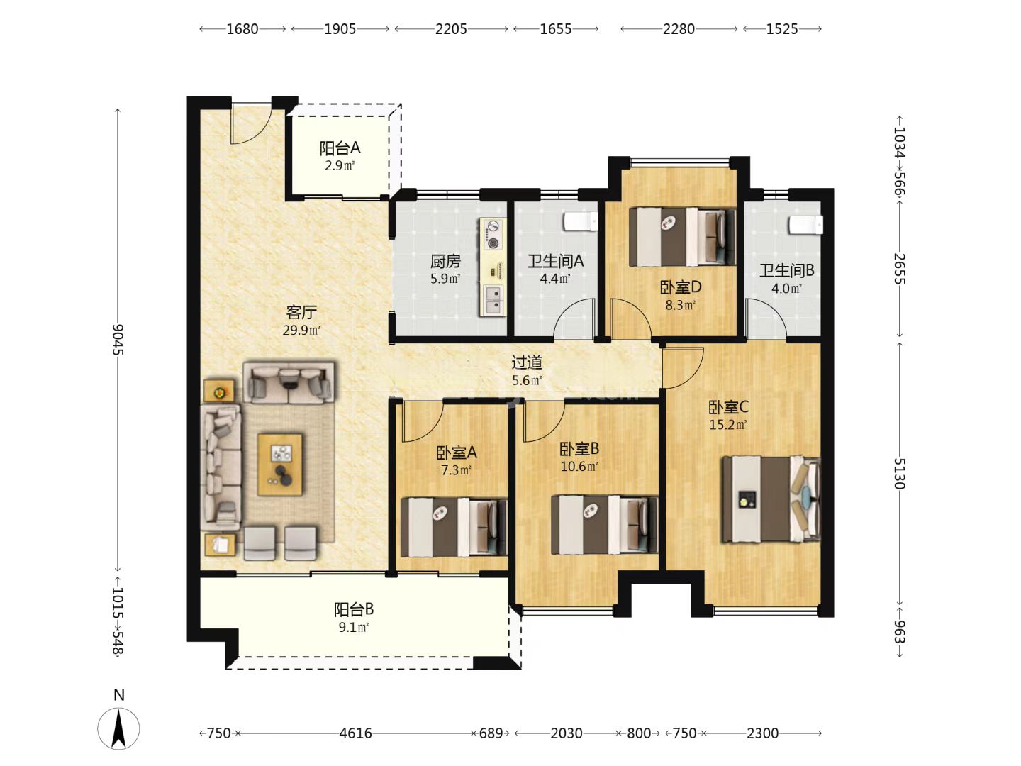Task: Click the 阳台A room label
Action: coord(340,148)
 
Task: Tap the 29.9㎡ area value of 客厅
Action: coord(301,331)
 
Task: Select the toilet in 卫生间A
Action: coord(581,221)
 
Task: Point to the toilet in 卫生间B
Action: coord(805,225)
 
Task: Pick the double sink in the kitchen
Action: coord(493,300)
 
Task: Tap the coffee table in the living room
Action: coord(280,465)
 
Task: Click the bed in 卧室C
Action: coord(771,499)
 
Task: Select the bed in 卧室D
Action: coord(682,237)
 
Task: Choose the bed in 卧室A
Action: coord(454,528)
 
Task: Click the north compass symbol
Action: coord(118,728)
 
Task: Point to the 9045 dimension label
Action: coord(118,340)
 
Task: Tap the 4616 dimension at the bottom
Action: coord(355,733)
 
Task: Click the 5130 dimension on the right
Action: coord(900,474)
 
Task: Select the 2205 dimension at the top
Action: coord(451,29)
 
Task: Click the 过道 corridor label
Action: coord(527,362)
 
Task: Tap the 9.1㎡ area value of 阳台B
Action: coord(354,628)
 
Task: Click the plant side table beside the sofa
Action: coord(219,391)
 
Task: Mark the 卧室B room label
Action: coord(579,449)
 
